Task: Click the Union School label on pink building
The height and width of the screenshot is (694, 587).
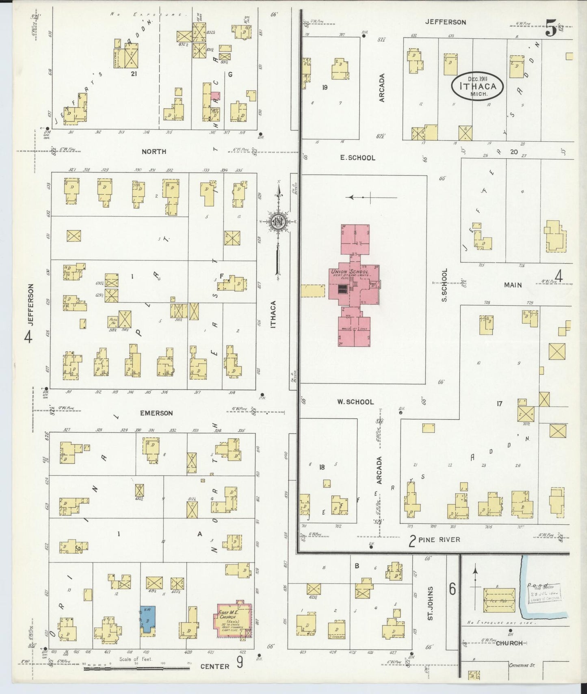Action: pos(349,272)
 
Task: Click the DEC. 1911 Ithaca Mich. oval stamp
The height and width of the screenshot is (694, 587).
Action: pos(478,86)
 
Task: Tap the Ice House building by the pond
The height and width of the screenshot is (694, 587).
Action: pos(499,600)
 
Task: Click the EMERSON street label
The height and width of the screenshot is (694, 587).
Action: pos(156,413)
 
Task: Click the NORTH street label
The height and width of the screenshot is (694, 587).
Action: pos(154,151)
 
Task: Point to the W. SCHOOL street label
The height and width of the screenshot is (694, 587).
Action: pos(355,402)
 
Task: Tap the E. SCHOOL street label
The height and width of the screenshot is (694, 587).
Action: pos(357,157)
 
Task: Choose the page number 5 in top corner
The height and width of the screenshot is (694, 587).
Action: pos(551,30)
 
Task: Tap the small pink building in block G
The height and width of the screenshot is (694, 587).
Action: pos(215,96)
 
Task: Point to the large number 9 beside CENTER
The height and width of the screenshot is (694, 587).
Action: pos(240,662)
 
